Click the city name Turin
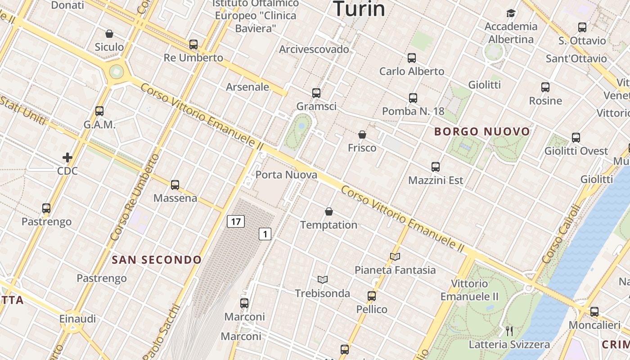(x=359, y=9)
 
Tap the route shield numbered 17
(x=235, y=221)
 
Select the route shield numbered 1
(x=265, y=234)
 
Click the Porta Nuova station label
(x=286, y=175)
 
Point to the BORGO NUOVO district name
(x=482, y=132)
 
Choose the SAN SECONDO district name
(x=157, y=260)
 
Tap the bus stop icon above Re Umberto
(x=193, y=45)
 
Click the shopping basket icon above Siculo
(x=109, y=34)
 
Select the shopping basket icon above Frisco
(x=362, y=135)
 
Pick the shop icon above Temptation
(x=329, y=211)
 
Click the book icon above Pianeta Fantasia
(x=395, y=256)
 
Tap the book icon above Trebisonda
(x=322, y=279)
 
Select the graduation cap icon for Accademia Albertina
(x=511, y=13)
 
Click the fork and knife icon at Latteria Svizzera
(x=509, y=331)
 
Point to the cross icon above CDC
(x=67, y=157)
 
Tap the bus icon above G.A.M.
(x=99, y=111)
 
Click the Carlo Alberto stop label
(x=412, y=71)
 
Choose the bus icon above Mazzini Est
(x=435, y=167)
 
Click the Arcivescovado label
(x=314, y=49)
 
